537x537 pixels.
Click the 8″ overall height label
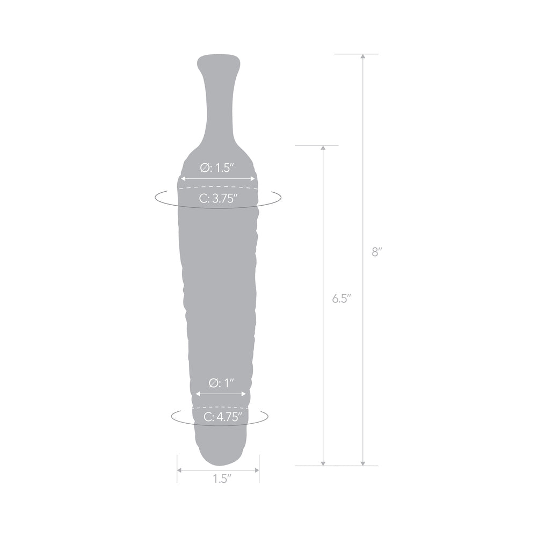click(376, 252)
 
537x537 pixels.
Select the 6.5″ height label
click(341, 299)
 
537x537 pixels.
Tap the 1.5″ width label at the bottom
click(218, 478)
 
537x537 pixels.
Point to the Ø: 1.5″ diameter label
click(218, 168)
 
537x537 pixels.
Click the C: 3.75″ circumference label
click(218, 198)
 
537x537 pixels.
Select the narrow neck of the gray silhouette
click(219, 102)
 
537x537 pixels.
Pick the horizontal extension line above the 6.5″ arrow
click(317, 146)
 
